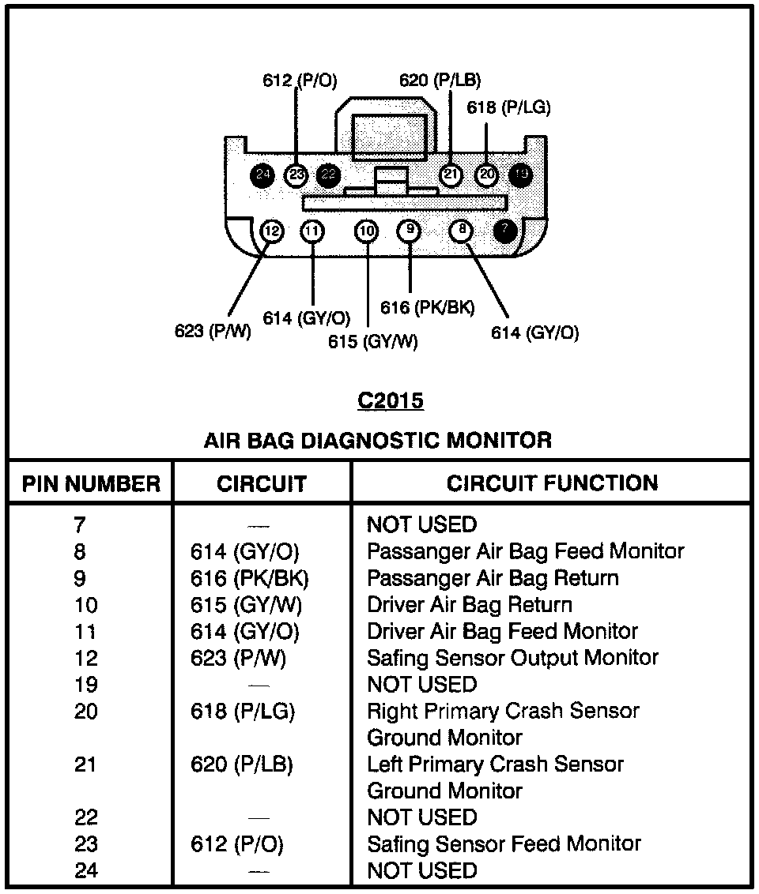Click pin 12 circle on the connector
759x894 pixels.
(x=271, y=231)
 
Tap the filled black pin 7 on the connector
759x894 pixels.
(x=504, y=231)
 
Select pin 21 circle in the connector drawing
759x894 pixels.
(x=451, y=175)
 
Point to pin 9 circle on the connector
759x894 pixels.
(x=409, y=231)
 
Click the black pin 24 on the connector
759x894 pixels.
(x=262, y=175)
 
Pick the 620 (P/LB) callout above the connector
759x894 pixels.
(x=440, y=80)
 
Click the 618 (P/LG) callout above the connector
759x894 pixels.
(x=508, y=107)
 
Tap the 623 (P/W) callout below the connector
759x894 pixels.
(x=213, y=331)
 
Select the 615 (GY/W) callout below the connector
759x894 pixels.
(x=373, y=342)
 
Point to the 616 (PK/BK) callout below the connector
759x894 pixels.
(x=428, y=307)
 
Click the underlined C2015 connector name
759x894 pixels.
(x=391, y=401)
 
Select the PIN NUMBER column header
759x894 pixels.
(x=91, y=483)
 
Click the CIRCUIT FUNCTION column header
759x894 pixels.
(x=552, y=483)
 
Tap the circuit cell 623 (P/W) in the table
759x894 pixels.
(x=238, y=658)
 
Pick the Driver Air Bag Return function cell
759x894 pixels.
(x=470, y=605)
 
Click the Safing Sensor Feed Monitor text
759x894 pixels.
(x=504, y=844)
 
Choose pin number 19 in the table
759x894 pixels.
(x=85, y=685)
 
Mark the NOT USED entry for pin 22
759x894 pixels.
(x=422, y=817)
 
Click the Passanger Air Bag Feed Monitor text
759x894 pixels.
(x=525, y=551)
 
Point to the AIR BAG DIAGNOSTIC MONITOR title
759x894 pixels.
(x=378, y=440)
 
